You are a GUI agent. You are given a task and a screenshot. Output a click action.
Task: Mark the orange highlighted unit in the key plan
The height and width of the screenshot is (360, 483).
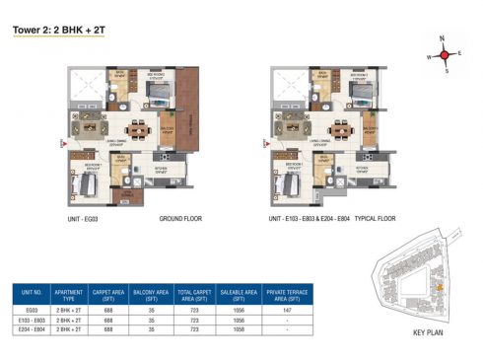click(x=439, y=287)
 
